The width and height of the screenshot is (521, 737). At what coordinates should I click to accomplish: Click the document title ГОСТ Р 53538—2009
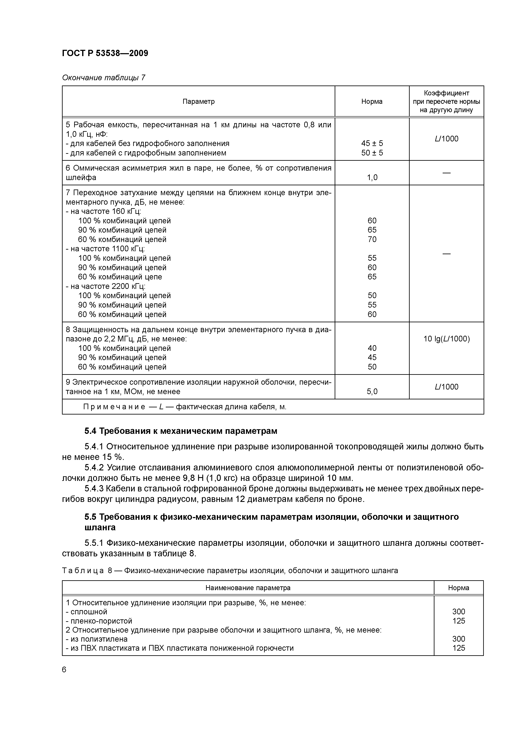(105, 53)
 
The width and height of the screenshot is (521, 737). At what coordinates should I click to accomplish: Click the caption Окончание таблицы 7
(103, 78)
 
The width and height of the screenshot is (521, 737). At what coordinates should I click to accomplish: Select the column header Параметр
(198, 102)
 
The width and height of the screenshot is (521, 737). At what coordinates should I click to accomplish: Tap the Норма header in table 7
(372, 102)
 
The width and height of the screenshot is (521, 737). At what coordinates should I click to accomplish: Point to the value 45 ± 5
(372, 143)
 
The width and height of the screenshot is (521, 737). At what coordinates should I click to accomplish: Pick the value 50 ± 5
(372, 153)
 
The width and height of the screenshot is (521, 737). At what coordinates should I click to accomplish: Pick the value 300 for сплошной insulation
(458, 612)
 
